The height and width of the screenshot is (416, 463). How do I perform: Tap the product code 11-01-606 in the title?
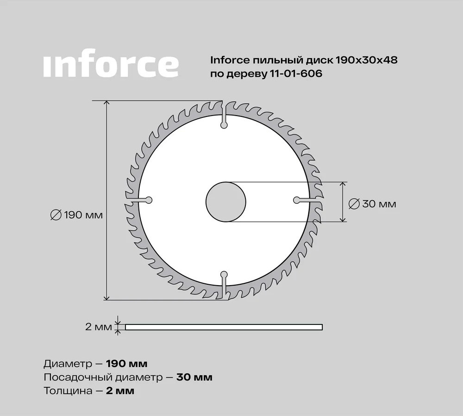click(x=294, y=73)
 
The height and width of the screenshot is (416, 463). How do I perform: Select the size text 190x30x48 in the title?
click(x=366, y=60)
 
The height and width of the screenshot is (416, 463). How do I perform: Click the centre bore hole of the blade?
click(x=226, y=202)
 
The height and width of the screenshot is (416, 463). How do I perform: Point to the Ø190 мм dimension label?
click(x=76, y=215)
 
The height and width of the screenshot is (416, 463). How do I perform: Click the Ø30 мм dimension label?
click(x=372, y=204)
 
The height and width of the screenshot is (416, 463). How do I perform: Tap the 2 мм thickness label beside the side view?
click(x=99, y=327)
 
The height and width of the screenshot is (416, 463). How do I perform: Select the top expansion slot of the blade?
click(x=224, y=115)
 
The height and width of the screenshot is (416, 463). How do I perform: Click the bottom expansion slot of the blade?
click(x=224, y=285)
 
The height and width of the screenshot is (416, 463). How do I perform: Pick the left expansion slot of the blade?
click(x=139, y=200)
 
